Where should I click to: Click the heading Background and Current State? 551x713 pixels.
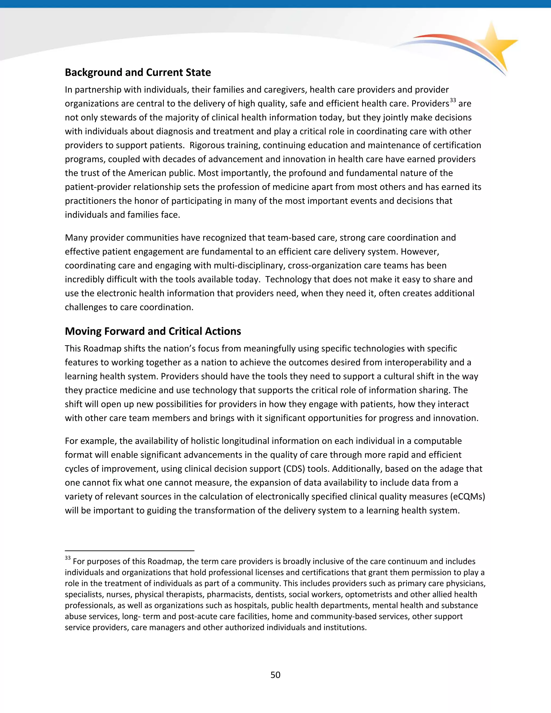click(138, 72)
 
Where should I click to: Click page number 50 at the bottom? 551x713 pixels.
click(275, 675)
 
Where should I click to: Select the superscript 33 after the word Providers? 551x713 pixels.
click(453, 100)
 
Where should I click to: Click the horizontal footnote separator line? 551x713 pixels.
click(130, 551)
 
